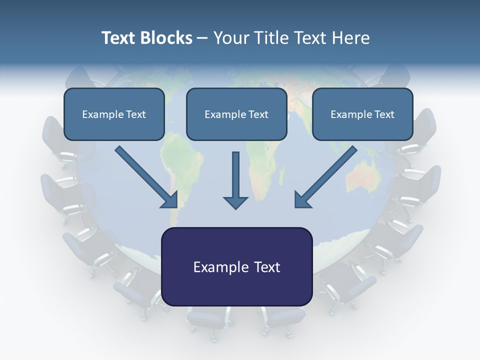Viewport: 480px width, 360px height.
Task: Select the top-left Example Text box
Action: click(x=114, y=114)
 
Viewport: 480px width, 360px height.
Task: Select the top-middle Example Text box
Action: click(x=236, y=114)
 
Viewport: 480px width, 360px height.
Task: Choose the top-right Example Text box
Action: click(x=362, y=114)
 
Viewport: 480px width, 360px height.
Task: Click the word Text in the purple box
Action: click(x=263, y=267)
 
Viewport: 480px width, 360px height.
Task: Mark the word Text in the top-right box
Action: click(x=384, y=114)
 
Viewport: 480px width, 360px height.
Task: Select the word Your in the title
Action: click(x=230, y=38)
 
